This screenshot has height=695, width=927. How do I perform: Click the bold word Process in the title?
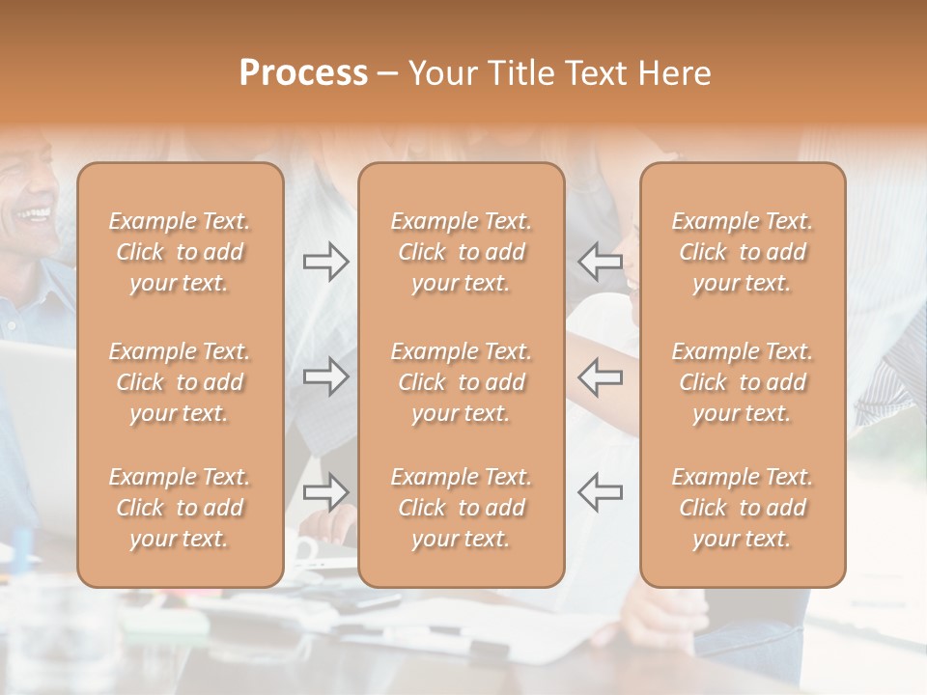(x=303, y=73)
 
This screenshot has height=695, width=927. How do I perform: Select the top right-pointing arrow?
(x=325, y=262)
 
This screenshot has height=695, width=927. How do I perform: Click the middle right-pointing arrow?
(x=325, y=375)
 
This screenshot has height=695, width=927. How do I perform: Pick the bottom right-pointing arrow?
(x=325, y=492)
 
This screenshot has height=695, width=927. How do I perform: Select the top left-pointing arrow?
(x=601, y=262)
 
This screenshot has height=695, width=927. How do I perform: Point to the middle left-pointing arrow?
(x=601, y=375)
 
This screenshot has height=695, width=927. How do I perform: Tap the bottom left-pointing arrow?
(x=601, y=492)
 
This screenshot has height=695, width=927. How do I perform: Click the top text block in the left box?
(x=180, y=252)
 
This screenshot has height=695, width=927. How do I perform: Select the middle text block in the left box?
(x=180, y=382)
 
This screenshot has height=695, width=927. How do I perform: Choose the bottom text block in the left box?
(x=180, y=508)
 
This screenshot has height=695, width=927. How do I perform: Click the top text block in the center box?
(x=461, y=252)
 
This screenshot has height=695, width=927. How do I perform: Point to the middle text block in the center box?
(x=461, y=382)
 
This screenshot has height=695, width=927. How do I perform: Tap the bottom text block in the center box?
(x=461, y=508)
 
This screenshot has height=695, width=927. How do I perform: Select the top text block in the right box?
(x=742, y=252)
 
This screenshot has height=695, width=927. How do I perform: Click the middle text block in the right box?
(x=742, y=382)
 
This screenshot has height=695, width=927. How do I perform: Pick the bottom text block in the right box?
(x=742, y=508)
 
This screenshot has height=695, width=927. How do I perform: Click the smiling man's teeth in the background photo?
(x=36, y=211)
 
